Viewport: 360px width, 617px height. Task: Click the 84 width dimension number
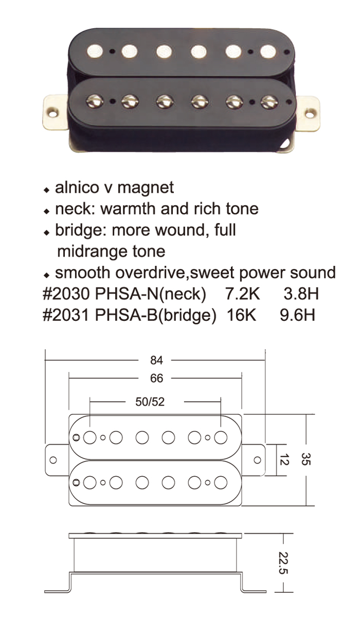(156, 360)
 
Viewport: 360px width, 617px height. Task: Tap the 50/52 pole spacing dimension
(150, 402)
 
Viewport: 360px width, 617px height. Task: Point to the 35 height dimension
(306, 459)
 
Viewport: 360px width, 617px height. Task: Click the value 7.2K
(243, 294)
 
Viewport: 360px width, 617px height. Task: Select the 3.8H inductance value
(301, 294)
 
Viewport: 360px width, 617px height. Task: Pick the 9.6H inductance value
(297, 314)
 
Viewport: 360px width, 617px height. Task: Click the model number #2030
(67, 294)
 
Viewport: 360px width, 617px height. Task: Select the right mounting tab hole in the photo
(311, 113)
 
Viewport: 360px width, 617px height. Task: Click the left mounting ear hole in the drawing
(53, 460)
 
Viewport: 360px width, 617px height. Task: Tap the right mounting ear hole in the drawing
(257, 460)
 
